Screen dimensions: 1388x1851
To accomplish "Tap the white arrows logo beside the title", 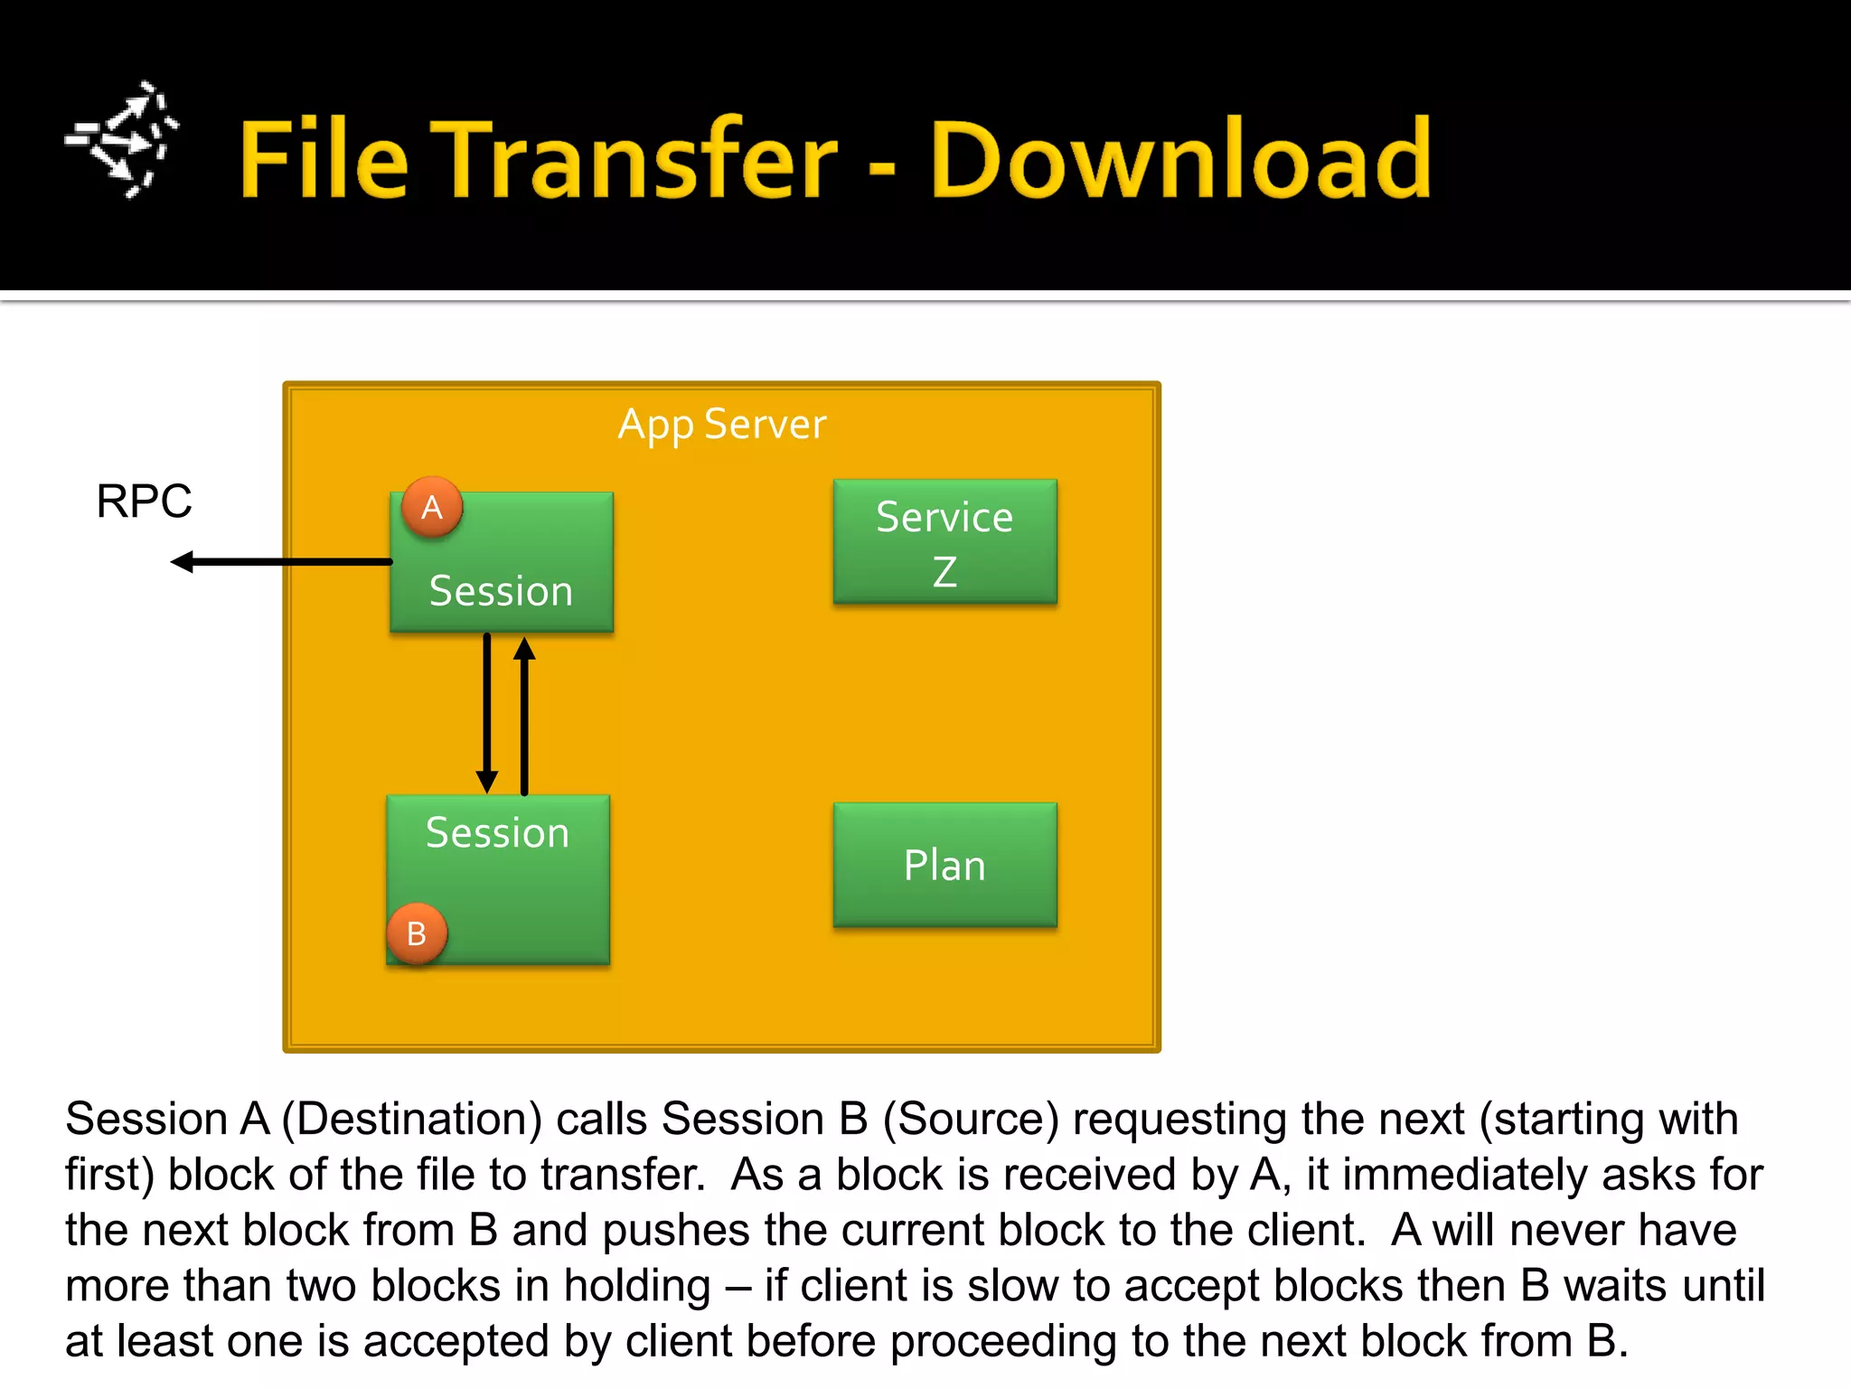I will point(123,140).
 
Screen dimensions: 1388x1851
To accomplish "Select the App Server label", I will point(721,424).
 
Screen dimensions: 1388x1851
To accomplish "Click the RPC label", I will point(144,501).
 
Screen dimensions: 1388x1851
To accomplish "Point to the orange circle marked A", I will point(432,507).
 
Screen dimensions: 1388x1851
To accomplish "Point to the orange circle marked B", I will point(417,933).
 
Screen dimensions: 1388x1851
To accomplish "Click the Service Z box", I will point(944,542).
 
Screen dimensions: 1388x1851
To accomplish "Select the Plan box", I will point(944,865).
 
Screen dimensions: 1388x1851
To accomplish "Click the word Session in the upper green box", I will point(501,591).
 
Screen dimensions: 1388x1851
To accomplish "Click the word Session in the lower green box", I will point(497,832).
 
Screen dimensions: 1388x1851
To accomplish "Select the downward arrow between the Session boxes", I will point(487,714).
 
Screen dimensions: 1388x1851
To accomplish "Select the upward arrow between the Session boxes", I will point(524,714).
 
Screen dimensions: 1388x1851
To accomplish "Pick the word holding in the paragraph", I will point(637,1286).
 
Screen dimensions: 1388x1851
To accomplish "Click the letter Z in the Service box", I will point(944,572).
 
